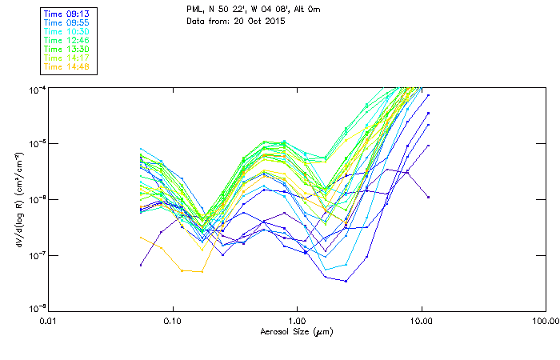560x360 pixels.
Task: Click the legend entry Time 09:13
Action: click(67, 14)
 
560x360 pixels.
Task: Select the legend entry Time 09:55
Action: click(67, 23)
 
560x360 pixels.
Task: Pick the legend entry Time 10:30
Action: click(67, 31)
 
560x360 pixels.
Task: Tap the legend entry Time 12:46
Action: click(67, 40)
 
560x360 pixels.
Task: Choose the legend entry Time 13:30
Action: click(67, 49)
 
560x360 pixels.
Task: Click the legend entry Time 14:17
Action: click(67, 58)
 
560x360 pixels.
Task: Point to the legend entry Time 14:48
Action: click(67, 66)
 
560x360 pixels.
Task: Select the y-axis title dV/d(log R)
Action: click(18, 198)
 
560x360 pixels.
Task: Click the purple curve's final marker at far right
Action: click(428, 197)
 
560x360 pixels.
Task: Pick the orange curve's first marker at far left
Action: click(141, 237)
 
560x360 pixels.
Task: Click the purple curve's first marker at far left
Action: click(141, 264)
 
